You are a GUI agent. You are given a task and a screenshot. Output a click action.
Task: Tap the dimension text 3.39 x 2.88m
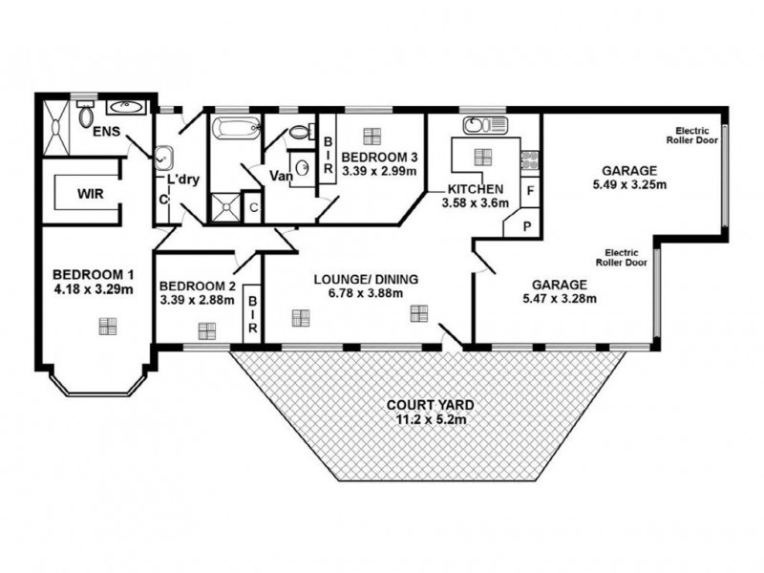click(x=198, y=301)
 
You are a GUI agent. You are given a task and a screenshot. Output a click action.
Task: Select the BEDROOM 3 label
click(x=377, y=156)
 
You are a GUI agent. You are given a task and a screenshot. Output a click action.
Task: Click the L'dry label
click(x=182, y=180)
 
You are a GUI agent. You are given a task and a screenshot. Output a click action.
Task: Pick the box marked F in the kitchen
click(x=528, y=190)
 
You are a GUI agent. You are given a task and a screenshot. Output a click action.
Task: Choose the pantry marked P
click(x=526, y=226)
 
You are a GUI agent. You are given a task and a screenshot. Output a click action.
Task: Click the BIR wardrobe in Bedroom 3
click(x=327, y=155)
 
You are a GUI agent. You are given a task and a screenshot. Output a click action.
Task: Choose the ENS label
click(x=107, y=132)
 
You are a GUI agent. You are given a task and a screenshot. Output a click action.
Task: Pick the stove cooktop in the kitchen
click(x=529, y=159)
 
